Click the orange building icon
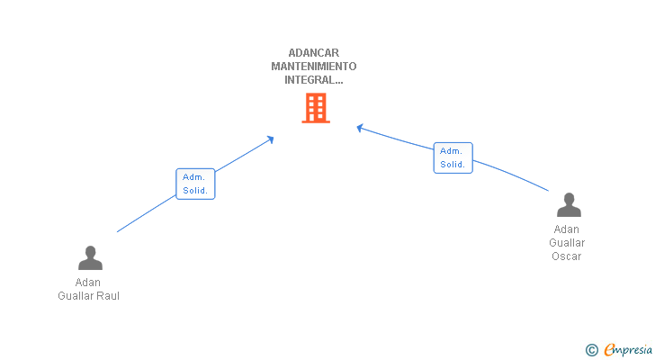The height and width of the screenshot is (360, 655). click(316, 108)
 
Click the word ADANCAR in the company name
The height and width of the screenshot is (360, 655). click(314, 53)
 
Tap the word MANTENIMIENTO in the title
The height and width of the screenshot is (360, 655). click(314, 67)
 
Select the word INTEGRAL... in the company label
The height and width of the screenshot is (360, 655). click(314, 80)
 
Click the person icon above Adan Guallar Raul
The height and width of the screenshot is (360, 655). click(90, 258)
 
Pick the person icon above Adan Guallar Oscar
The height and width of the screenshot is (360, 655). click(569, 205)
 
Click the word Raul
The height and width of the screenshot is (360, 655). click(107, 296)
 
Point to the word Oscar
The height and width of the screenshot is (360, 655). click(567, 256)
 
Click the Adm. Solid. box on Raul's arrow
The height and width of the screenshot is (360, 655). click(195, 184)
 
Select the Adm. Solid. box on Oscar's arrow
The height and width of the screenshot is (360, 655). click(453, 157)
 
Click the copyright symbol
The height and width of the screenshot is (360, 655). click(591, 350)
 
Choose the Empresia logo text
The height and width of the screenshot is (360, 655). click(629, 350)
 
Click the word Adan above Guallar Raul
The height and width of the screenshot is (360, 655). click(88, 283)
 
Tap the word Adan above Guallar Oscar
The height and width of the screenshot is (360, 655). click(567, 229)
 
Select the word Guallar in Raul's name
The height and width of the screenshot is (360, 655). click(75, 296)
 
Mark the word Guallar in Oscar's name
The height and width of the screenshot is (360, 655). click(567, 243)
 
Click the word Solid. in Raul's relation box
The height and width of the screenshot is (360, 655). click(195, 191)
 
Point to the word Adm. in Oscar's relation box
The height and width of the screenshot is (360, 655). click(451, 151)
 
